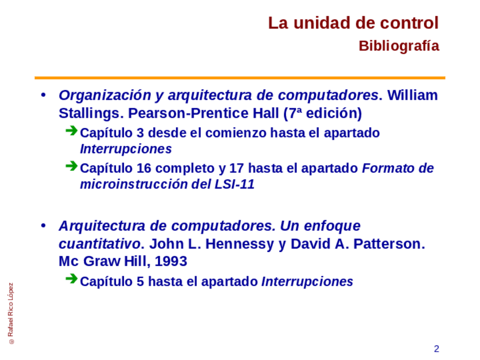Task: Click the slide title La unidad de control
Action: [x=354, y=23]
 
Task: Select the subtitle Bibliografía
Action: [x=399, y=46]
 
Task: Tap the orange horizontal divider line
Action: [x=240, y=78]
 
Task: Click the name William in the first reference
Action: [x=412, y=95]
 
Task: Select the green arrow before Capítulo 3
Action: [x=71, y=131]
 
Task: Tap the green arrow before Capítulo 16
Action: [x=71, y=166]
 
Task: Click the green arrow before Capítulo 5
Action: [x=71, y=279]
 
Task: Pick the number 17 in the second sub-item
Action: [x=237, y=168]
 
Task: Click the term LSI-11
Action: [x=234, y=185]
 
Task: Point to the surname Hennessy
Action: [x=239, y=245]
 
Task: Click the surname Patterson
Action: [x=389, y=244]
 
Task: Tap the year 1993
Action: [x=171, y=262]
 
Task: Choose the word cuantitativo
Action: [x=100, y=244]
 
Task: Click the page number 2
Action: [x=436, y=349]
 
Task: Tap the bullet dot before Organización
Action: [x=43, y=95]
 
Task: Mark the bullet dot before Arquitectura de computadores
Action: [x=43, y=226]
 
